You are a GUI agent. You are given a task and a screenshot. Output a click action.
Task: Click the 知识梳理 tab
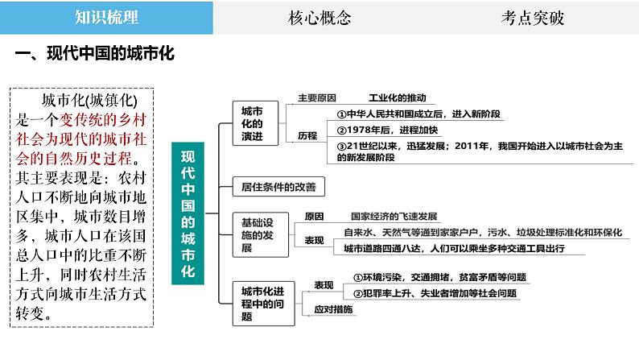pos(106,18)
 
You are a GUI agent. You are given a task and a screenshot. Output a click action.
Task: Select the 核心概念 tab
pos(319,18)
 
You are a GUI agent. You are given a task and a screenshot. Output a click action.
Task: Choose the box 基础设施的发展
pos(256,234)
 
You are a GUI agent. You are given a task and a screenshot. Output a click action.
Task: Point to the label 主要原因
pos(316,97)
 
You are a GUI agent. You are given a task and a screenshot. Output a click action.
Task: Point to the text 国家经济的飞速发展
pos(394,216)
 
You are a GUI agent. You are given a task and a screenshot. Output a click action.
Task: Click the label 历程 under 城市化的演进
pos(307,135)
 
